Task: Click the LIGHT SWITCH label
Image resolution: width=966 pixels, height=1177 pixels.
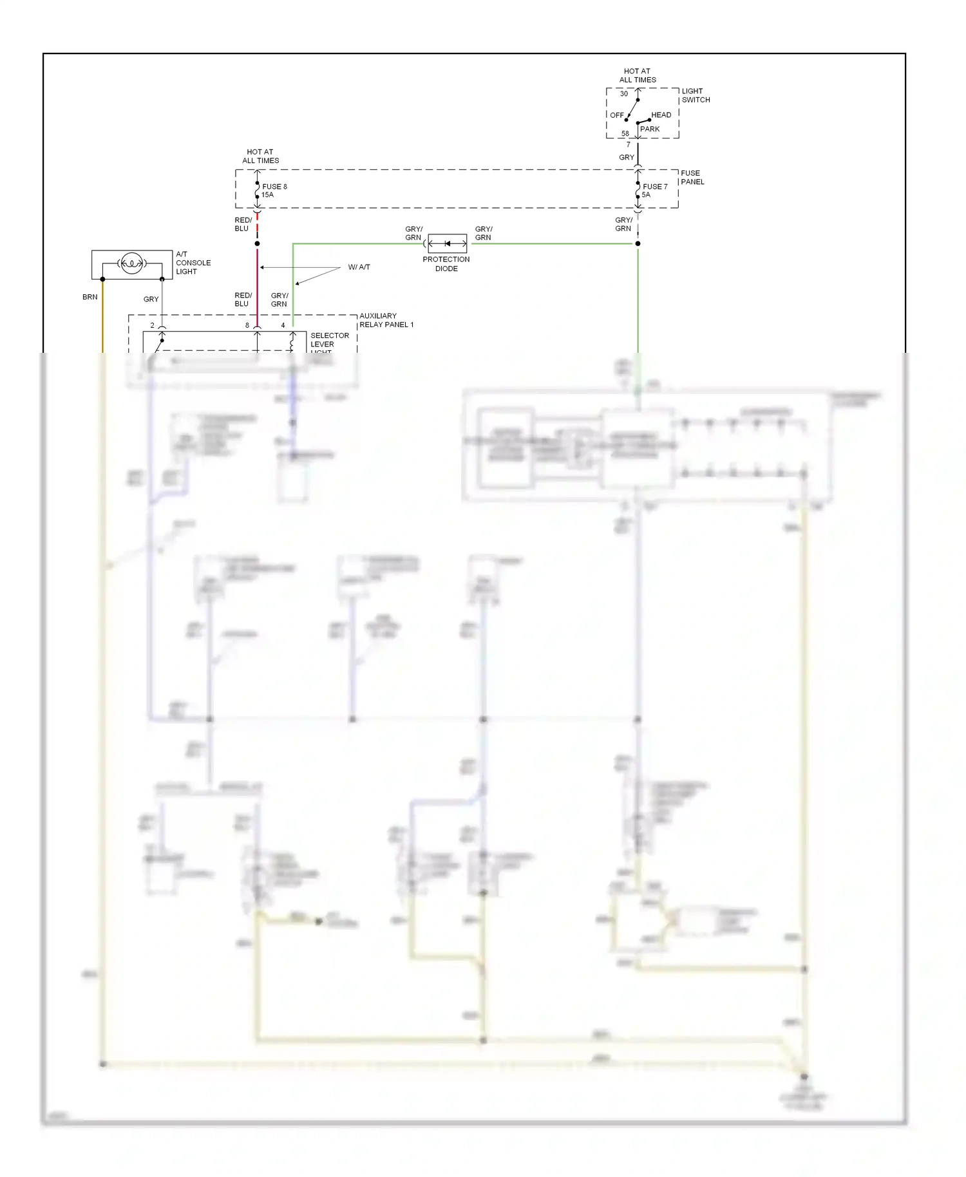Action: pyautogui.click(x=696, y=95)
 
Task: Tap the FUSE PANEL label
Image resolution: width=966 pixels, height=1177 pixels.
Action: pyautogui.click(x=692, y=177)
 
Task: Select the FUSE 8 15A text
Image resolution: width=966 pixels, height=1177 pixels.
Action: pyautogui.click(x=274, y=191)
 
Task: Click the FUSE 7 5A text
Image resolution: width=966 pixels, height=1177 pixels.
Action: pyautogui.click(x=654, y=191)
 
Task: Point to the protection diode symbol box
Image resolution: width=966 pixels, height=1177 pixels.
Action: pyautogui.click(x=447, y=243)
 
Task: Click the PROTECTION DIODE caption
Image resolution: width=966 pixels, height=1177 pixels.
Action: pyautogui.click(x=446, y=264)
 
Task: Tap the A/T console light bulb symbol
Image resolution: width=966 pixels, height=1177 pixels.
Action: pyautogui.click(x=131, y=263)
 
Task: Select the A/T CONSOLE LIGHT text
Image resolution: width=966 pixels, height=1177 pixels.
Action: pyautogui.click(x=193, y=263)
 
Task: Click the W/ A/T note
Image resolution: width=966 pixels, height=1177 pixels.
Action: pyautogui.click(x=359, y=267)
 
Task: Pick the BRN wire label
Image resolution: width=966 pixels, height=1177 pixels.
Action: pyautogui.click(x=90, y=297)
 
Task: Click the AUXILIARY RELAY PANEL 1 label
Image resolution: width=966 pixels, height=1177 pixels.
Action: pyautogui.click(x=386, y=320)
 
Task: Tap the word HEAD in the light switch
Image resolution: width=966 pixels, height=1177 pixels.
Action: pyautogui.click(x=661, y=115)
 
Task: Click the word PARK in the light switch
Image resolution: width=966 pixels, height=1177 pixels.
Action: pyautogui.click(x=650, y=129)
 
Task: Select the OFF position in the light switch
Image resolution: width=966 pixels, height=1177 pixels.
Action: pyautogui.click(x=616, y=115)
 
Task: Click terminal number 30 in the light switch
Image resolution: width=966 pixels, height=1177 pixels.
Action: pyautogui.click(x=623, y=93)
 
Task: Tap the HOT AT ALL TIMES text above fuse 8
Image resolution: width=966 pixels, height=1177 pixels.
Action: pyautogui.click(x=260, y=156)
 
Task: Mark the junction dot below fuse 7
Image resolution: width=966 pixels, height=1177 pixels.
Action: pyautogui.click(x=638, y=243)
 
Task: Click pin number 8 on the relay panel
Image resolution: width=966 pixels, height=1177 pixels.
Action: pyautogui.click(x=247, y=325)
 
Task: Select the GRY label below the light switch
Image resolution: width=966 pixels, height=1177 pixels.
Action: pyautogui.click(x=626, y=157)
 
